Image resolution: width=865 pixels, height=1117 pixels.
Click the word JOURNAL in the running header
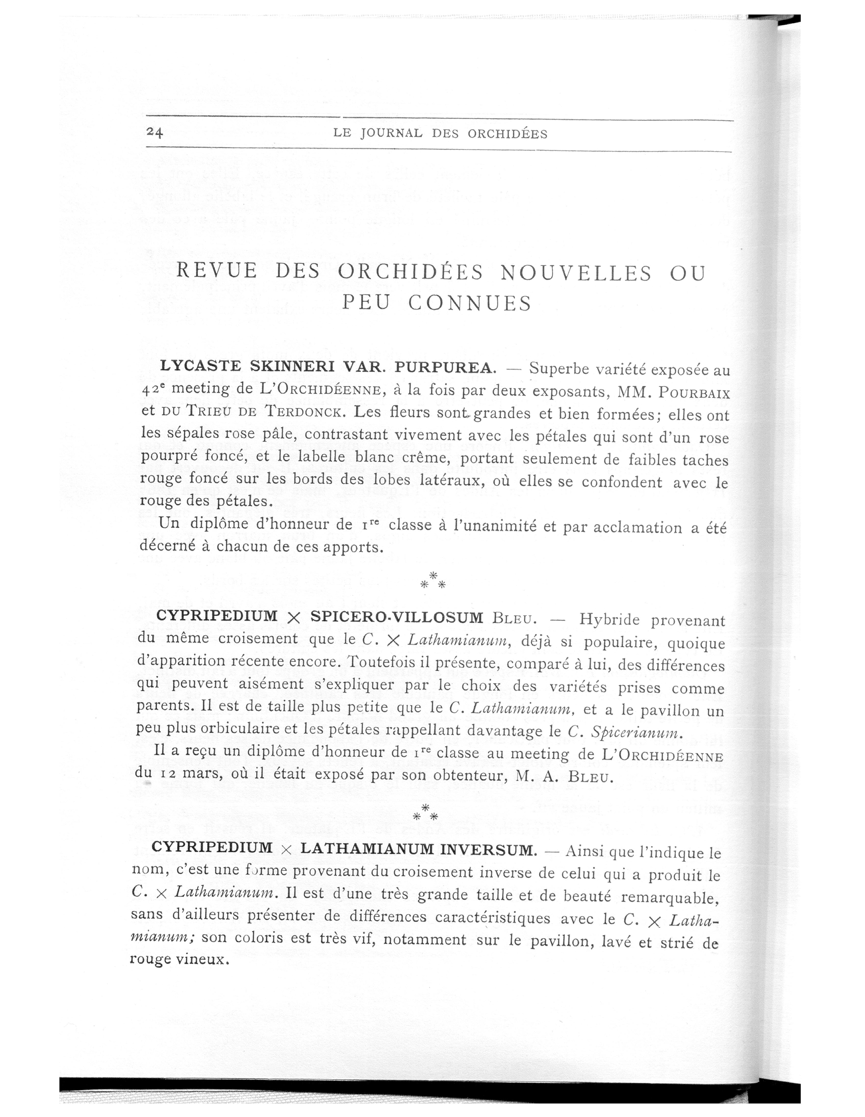(x=391, y=134)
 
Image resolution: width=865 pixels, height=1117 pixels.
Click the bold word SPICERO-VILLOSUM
(x=397, y=617)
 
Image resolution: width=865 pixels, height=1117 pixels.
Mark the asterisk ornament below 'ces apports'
(x=432, y=580)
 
